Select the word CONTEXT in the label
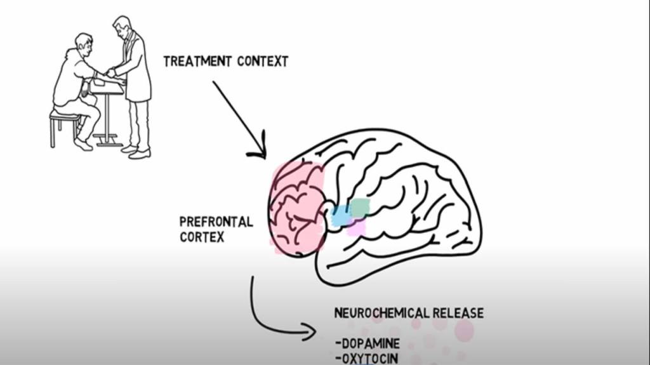pos(263,62)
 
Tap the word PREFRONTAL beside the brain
pos(216,222)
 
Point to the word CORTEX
pos(201,237)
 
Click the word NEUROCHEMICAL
pos(381,313)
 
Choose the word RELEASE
pos(458,313)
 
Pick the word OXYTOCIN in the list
pos(369,358)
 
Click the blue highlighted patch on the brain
pos(342,216)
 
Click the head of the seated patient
pos(84,44)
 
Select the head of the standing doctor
pos(122,27)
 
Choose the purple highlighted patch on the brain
pos(356,227)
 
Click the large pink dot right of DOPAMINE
pos(464,330)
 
